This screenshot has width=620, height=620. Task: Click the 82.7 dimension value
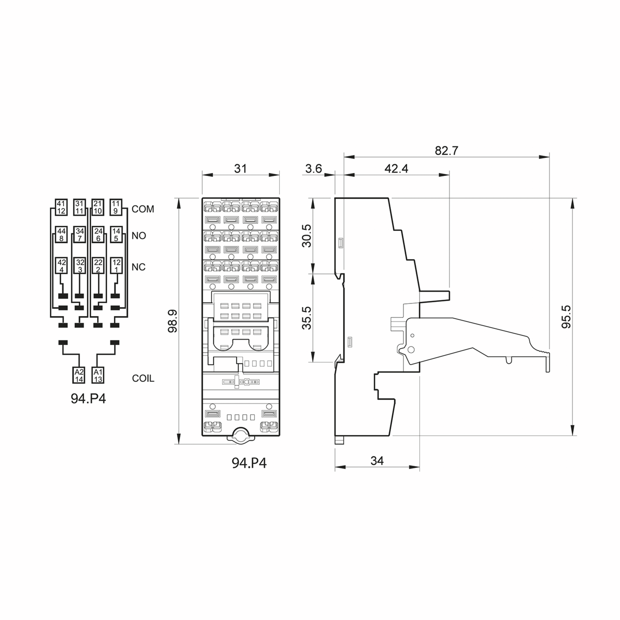(446, 151)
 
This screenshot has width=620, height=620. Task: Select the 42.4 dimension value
(396, 168)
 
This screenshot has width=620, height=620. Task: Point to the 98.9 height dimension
(173, 321)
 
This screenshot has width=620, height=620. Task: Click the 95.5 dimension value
(567, 317)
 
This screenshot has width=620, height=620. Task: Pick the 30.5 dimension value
(307, 236)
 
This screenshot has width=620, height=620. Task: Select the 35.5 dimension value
(307, 318)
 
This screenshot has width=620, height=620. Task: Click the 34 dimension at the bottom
(377, 461)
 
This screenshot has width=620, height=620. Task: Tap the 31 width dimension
(240, 168)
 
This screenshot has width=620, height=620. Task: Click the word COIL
(143, 378)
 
